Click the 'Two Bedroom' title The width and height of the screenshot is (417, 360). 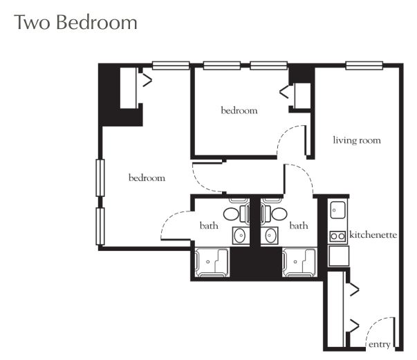tap(76, 22)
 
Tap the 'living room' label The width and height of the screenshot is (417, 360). tap(357, 140)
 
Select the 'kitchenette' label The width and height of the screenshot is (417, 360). tap(373, 235)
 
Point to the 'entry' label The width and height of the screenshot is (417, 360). tap(380, 345)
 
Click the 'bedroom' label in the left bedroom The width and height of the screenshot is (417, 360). tap(147, 178)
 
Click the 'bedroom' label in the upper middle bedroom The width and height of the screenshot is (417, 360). tap(239, 110)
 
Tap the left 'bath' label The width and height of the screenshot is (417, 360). tap(209, 225)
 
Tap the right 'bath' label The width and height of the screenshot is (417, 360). tap(299, 225)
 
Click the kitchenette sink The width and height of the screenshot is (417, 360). tap(337, 210)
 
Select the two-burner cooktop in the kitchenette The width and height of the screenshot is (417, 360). tap(337, 236)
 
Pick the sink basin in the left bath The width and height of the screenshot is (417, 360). tap(241, 236)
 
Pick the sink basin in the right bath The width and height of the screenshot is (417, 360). tap(270, 236)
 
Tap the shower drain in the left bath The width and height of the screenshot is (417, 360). tap(208, 262)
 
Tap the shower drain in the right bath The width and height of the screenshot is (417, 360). tap(295, 262)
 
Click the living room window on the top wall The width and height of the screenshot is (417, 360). tap(364, 66)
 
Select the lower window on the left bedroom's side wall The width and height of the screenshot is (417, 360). tap(100, 226)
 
